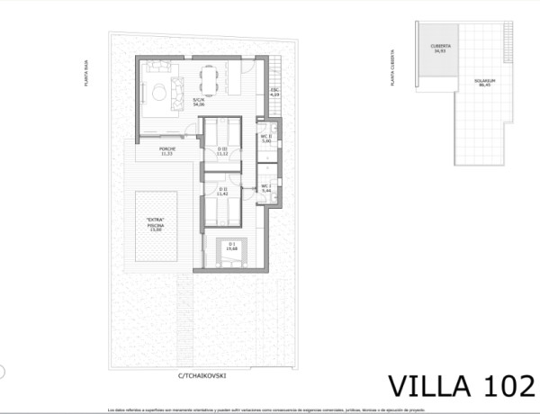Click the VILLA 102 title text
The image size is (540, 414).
[459, 385]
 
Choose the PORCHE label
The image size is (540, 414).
[166, 151]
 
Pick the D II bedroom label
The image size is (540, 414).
[222, 192]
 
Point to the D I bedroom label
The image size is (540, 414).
[232, 245]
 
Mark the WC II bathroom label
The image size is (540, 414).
[266, 139]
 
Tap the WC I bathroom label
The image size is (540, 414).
[266, 188]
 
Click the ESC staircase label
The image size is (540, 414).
[275, 93]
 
